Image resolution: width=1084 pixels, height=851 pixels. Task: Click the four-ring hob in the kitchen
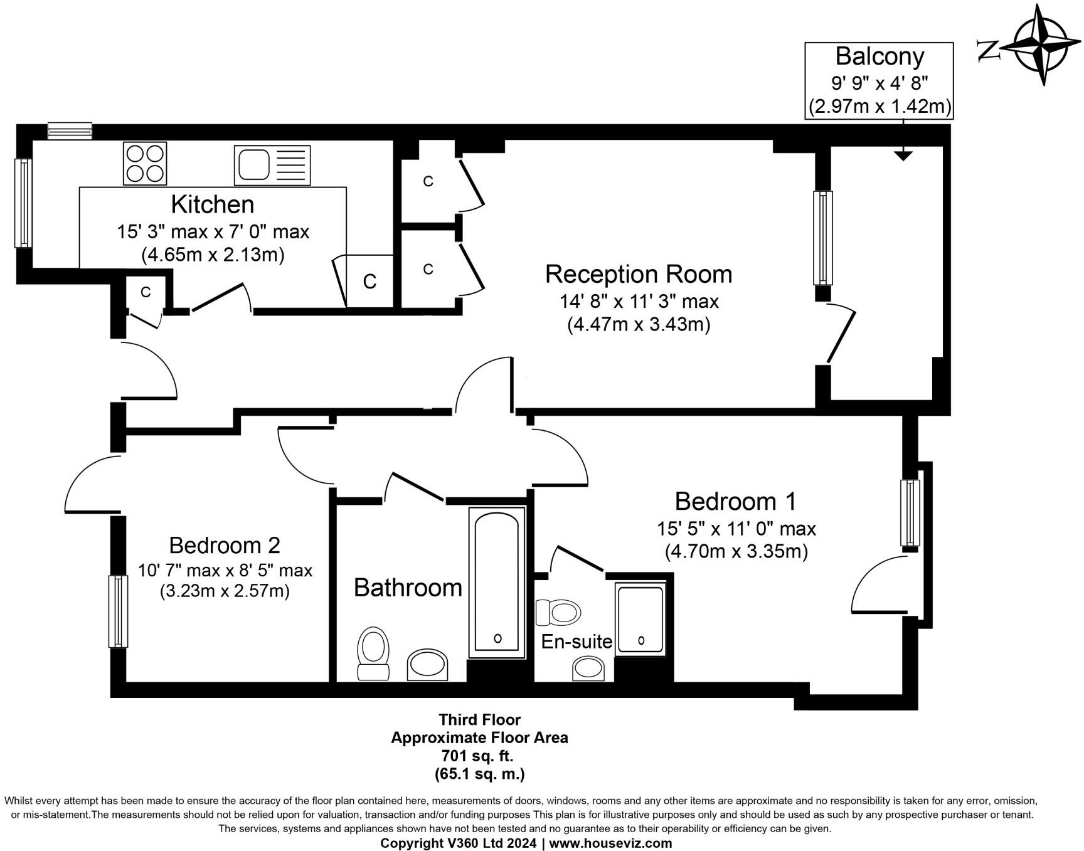(x=145, y=163)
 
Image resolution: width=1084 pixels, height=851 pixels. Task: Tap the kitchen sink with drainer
(x=272, y=166)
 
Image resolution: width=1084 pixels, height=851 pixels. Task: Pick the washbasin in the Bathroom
(x=428, y=665)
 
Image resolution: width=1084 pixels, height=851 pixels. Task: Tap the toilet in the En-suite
(x=558, y=611)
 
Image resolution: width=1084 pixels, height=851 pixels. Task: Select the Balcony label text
(x=879, y=56)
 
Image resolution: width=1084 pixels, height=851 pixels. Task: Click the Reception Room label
(x=639, y=274)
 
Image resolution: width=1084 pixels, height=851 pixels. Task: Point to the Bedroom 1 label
(x=735, y=501)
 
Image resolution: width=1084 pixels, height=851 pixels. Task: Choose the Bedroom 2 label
(x=225, y=545)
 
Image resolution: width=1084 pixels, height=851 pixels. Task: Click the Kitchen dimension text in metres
(x=213, y=255)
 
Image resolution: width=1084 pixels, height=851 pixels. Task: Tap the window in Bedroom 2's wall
(x=118, y=611)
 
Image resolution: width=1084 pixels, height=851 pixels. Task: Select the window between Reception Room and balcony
(x=823, y=238)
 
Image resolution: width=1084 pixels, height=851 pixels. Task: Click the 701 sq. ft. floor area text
(x=479, y=756)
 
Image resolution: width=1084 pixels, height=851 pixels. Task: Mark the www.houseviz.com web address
(x=610, y=843)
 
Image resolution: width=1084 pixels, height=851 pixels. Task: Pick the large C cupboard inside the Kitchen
(x=369, y=282)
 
